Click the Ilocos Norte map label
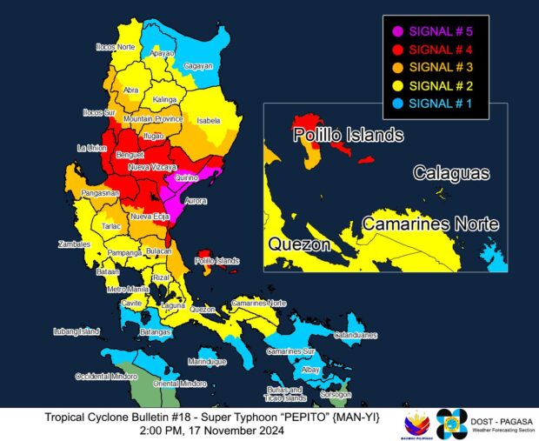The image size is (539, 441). tap(115, 44)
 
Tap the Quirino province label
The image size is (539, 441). tap(186, 177)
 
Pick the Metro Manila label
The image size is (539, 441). tap(128, 289)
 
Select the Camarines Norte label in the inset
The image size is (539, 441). tap(430, 224)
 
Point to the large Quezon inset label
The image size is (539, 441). tap(299, 244)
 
